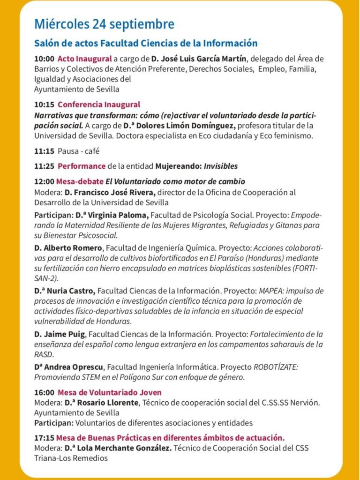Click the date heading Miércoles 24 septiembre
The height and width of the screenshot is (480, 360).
(104, 24)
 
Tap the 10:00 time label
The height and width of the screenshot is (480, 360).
(44, 59)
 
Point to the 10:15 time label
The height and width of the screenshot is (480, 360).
(44, 105)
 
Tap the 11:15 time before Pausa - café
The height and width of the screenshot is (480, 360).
(44, 151)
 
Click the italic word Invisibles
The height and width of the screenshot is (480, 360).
(220, 166)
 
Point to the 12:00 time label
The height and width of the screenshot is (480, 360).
(44, 181)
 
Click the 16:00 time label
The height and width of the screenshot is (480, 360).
(44, 392)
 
